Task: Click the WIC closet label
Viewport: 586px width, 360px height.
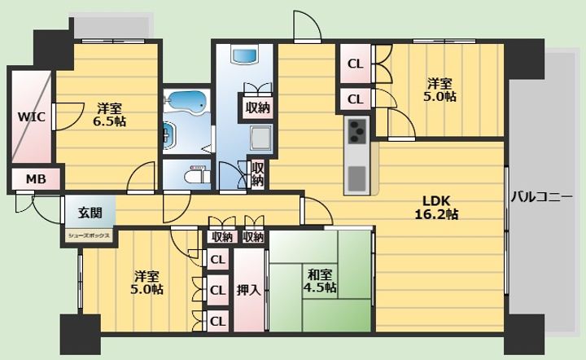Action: [32, 117]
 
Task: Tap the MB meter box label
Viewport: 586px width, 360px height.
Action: [36, 179]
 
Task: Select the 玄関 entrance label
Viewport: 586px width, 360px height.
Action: [90, 213]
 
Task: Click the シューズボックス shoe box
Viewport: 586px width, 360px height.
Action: [89, 236]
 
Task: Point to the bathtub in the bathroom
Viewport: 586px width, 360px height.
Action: [186, 102]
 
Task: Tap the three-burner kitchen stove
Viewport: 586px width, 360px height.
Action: [357, 131]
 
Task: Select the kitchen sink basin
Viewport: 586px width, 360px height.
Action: [357, 178]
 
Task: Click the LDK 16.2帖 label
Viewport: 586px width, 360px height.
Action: [436, 208]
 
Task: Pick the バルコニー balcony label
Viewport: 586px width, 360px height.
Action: [541, 196]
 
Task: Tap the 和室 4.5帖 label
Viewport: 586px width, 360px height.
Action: [320, 281]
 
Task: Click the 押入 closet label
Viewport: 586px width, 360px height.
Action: [248, 290]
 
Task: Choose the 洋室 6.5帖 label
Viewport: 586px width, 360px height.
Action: [110, 114]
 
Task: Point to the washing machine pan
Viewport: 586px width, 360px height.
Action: [260, 138]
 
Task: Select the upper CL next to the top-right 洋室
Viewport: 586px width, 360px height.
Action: [355, 64]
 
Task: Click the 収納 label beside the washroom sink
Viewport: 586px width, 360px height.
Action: [258, 108]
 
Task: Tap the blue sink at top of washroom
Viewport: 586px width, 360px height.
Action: [245, 55]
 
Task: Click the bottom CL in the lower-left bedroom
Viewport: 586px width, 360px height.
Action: [218, 321]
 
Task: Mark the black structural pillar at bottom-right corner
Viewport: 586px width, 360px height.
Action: [527, 335]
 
